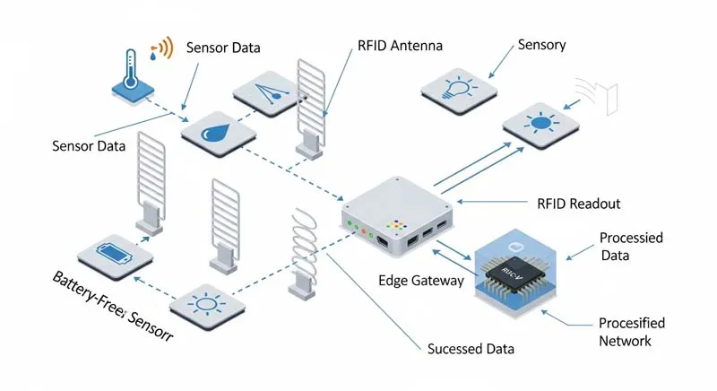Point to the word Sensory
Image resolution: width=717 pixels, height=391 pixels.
point(541,45)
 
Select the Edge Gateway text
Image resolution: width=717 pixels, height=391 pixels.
point(421,281)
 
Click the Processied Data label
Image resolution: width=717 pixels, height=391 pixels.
point(631,246)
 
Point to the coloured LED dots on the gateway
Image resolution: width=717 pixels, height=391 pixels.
point(396,225)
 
